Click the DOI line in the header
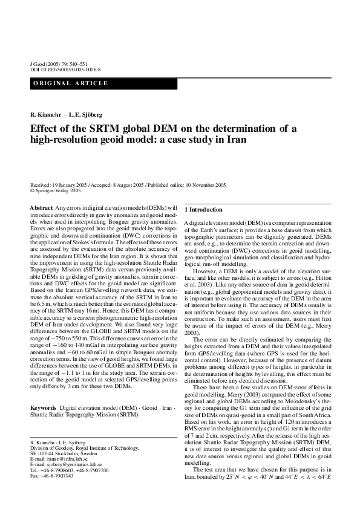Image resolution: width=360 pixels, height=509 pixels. click(x=65, y=70)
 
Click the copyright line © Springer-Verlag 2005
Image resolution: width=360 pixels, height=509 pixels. click(x=55, y=190)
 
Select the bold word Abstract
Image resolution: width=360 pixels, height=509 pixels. click(x=41, y=208)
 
